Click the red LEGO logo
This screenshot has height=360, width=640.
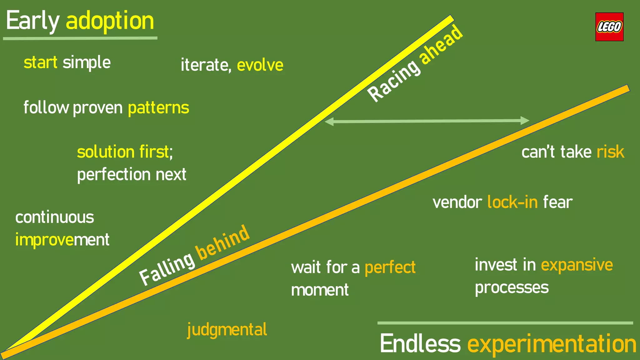(609, 27)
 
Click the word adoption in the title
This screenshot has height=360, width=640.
(110, 21)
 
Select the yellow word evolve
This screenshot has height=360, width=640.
(260, 65)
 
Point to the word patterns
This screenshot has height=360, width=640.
(158, 108)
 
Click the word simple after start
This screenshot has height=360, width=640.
(87, 63)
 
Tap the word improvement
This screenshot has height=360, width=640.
(62, 240)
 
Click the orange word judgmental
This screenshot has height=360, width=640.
(227, 330)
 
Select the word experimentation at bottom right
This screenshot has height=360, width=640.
(552, 344)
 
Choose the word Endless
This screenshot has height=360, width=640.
(420, 344)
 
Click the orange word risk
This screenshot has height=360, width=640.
(610, 152)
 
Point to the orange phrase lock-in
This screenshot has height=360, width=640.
(512, 202)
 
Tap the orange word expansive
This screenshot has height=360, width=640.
(577, 265)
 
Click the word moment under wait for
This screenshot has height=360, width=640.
(320, 290)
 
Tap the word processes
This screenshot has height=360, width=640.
(512, 287)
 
